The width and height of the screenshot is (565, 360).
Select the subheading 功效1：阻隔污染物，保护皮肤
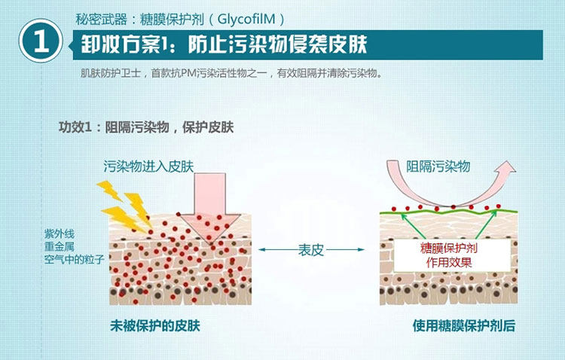(146, 127)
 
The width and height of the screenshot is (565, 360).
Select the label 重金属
(59, 246)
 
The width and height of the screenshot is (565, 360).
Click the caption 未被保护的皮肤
(156, 325)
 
